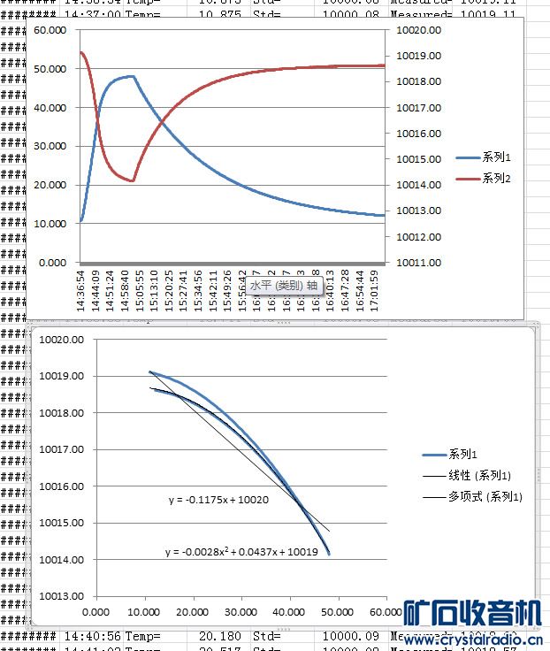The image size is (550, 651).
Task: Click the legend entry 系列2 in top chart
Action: [x=497, y=179]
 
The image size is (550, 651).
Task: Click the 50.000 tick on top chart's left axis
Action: [x=50, y=69]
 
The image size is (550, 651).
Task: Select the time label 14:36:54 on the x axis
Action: [x=83, y=288]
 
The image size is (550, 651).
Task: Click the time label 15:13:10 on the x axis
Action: [x=154, y=288]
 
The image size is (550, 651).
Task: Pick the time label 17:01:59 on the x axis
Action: [x=373, y=288]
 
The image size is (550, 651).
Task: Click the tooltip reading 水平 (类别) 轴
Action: [x=284, y=286]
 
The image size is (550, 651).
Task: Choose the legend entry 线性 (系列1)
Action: [x=479, y=476]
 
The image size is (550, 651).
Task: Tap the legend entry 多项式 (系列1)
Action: [x=485, y=497]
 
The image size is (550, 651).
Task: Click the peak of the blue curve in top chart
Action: [x=132, y=76]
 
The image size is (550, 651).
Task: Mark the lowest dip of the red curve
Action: [x=133, y=181]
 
